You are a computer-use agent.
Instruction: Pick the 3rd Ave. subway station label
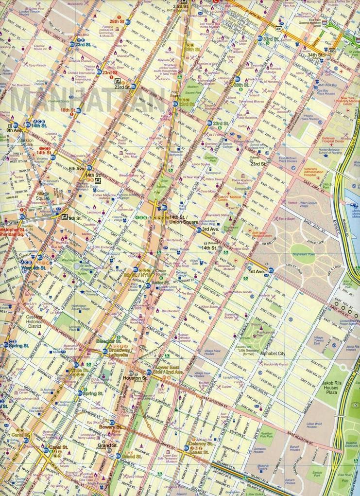[210, 229]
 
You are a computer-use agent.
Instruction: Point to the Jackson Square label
[27, 142]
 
